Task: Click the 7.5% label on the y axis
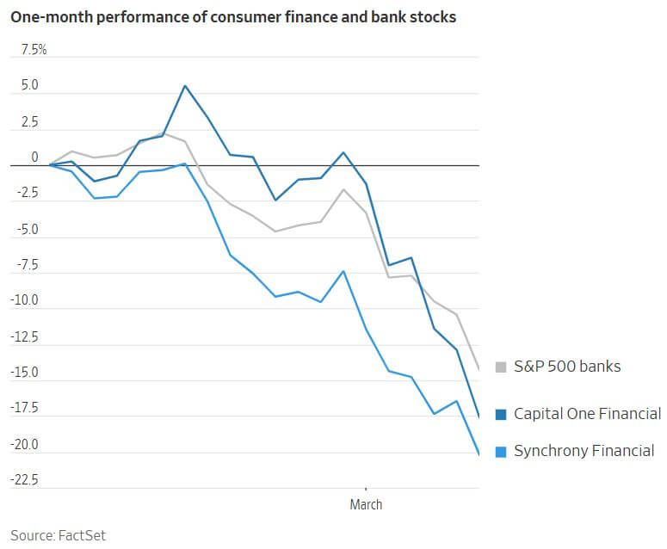34,50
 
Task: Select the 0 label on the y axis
34,157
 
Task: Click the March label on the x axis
366,504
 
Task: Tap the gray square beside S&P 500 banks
501,367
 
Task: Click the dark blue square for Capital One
501,415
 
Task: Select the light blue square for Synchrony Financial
501,451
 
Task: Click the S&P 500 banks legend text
566,367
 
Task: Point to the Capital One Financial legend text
587,414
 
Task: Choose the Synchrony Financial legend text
584,450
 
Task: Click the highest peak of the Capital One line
185,85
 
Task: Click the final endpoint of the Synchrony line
479,453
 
